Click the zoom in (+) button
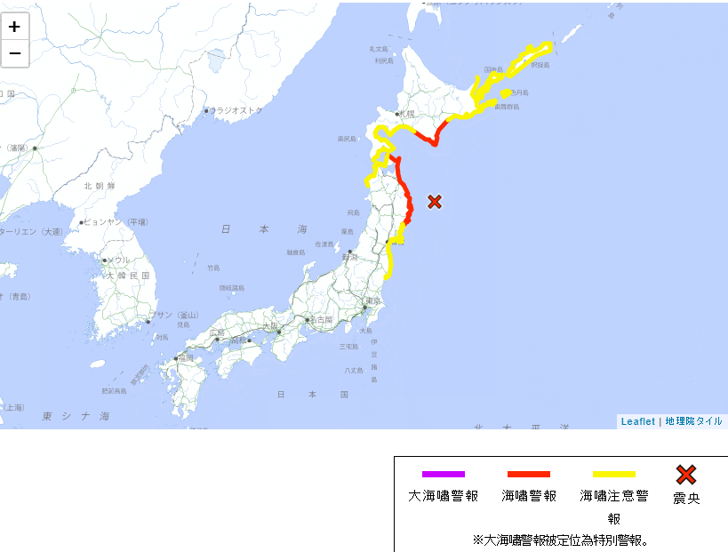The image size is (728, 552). pos(15,27)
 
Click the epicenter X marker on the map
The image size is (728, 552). pos(435,202)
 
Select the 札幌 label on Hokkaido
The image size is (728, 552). pos(408,114)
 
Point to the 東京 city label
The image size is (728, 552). pos(372,302)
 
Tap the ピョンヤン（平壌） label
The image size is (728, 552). pos(116,222)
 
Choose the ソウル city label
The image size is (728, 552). pos(118,260)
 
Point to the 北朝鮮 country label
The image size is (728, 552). pos(100,186)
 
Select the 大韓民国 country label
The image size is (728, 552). pos(129,276)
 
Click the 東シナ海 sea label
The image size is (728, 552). pos(76,416)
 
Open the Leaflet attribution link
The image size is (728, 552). pos(637,421)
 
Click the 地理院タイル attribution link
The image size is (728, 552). pos(693,421)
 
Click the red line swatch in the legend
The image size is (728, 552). pos(529,475)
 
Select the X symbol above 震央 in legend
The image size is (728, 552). pos(686,475)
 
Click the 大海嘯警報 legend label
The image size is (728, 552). pos(444,496)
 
